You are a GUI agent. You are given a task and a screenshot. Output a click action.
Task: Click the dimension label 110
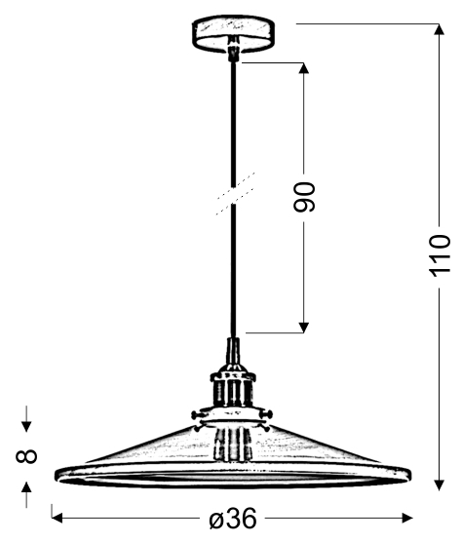click(x=440, y=256)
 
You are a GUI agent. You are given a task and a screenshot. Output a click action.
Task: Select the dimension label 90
click(x=304, y=197)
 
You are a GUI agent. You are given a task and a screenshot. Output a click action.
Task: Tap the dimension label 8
click(x=26, y=456)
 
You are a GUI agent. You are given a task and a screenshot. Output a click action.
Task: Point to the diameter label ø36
click(x=233, y=519)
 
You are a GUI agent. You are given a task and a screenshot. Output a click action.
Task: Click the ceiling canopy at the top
click(x=233, y=33)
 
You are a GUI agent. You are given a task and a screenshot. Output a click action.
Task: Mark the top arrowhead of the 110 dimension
click(x=440, y=29)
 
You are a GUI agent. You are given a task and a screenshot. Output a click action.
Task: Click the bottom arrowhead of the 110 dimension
click(x=440, y=485)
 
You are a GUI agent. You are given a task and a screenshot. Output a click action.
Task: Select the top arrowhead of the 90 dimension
click(x=304, y=68)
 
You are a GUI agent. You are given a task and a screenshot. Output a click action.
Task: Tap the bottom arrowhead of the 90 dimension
click(x=304, y=328)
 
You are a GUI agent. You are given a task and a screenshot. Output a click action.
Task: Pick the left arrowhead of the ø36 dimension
click(x=57, y=519)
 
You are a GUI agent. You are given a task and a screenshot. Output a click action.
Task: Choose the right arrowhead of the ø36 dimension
click(x=407, y=519)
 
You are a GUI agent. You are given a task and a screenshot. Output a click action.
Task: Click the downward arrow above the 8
click(x=26, y=419)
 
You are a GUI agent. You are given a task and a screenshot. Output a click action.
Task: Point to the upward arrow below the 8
click(x=26, y=495)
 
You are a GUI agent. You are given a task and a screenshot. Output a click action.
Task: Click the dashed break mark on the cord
click(x=236, y=194)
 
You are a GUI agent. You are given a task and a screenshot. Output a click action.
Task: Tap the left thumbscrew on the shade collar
click(x=198, y=414)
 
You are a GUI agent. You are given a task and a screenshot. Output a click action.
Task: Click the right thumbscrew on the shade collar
click(x=267, y=413)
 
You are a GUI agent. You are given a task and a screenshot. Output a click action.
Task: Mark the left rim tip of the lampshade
click(x=57, y=475)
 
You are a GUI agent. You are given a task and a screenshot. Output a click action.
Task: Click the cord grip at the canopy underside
click(x=233, y=48)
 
